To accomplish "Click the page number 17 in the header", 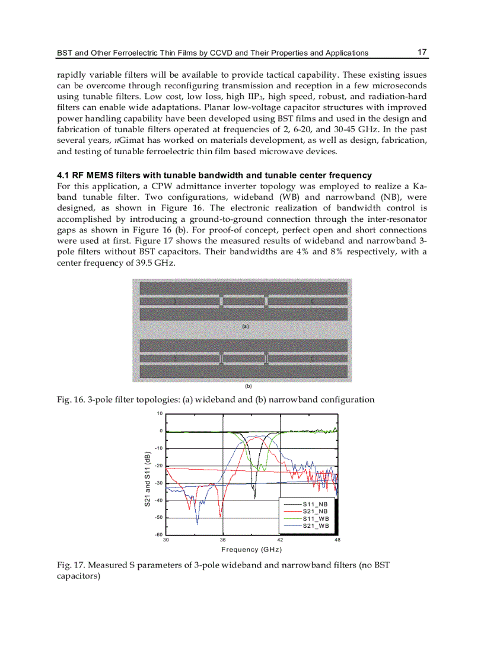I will (422, 52).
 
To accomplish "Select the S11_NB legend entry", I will (315, 504).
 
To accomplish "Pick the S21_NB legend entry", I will (315, 511).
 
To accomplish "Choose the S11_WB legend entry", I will (315, 518).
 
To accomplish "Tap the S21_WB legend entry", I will (315, 525).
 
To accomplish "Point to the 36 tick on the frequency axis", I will (223, 540).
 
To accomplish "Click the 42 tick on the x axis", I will (281, 540).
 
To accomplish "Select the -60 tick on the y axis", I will (158, 535).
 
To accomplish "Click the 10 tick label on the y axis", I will (160, 413).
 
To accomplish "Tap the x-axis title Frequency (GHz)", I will (251, 550).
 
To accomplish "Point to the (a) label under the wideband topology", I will (244, 326).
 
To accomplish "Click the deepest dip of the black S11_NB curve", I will (254, 497).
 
